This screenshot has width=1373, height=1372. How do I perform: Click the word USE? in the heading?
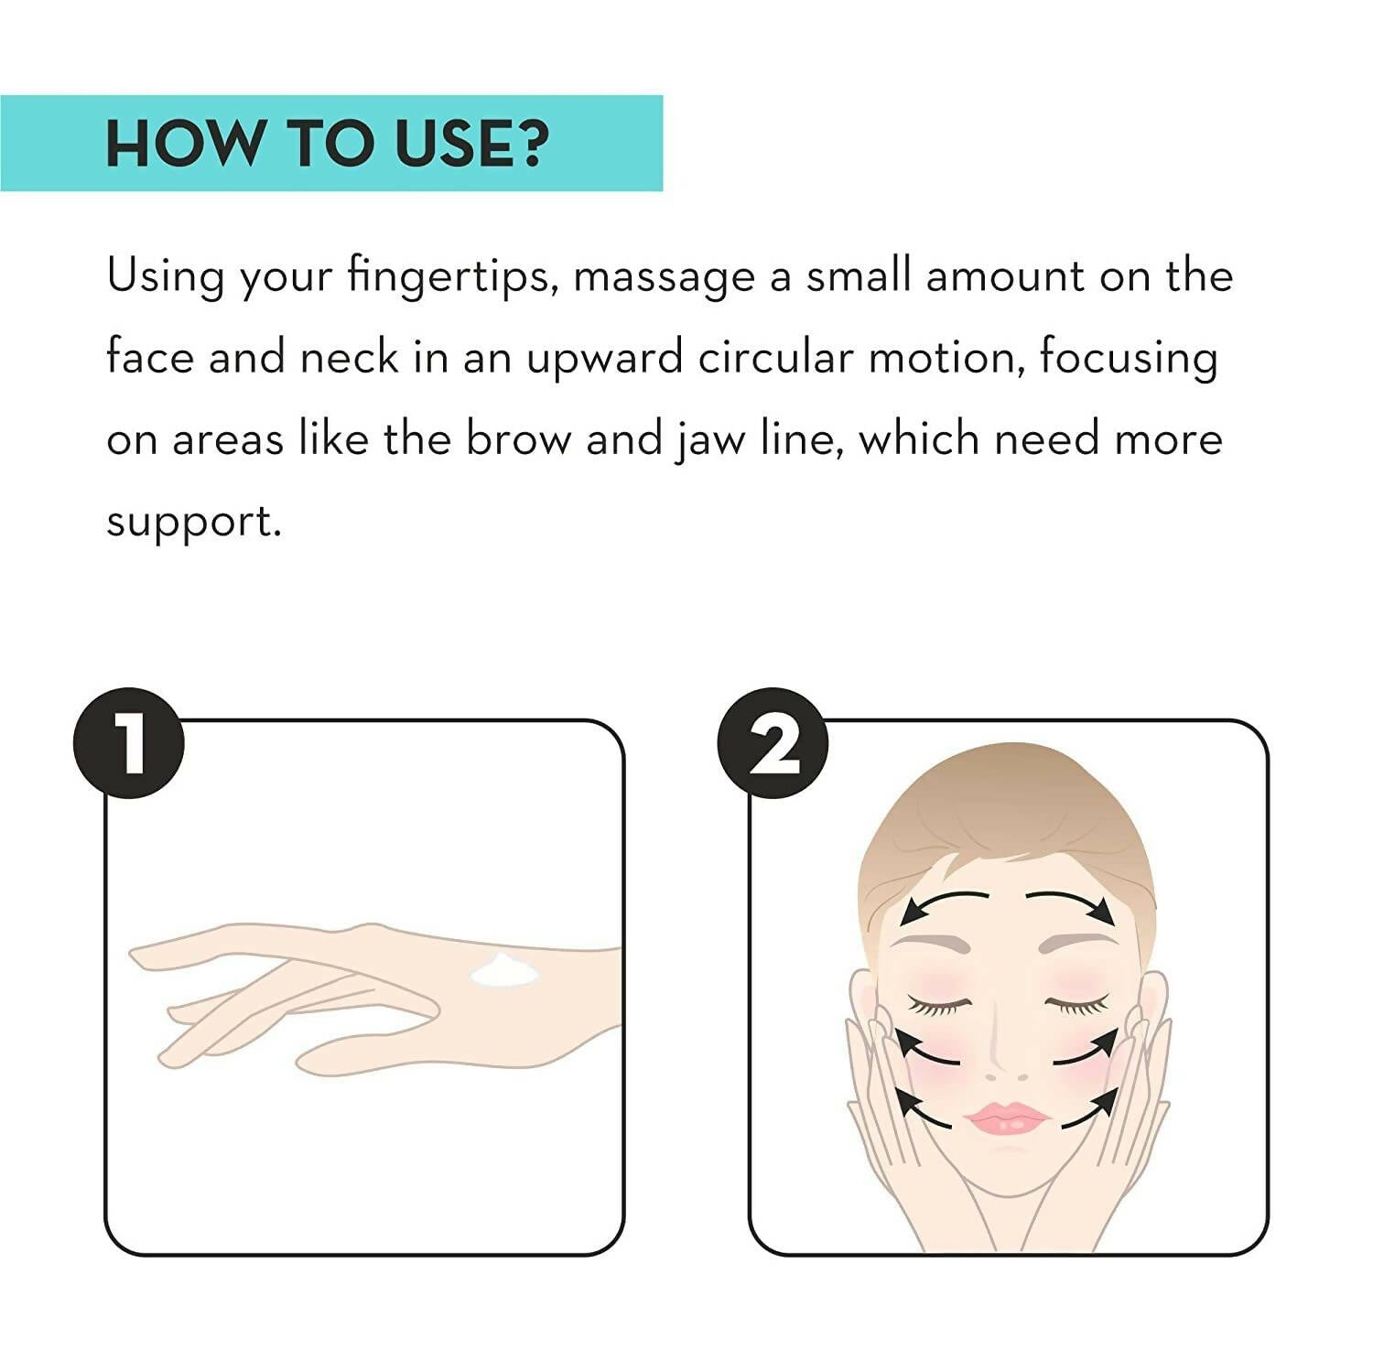tap(471, 144)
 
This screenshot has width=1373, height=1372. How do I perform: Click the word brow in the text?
tap(518, 438)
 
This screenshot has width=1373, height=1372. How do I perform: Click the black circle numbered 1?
tap(129, 743)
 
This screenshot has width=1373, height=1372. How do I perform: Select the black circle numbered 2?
tap(773, 743)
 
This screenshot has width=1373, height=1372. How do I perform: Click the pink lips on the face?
tap(1008, 1118)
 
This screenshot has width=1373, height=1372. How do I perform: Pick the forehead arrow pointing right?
tap(1069, 901)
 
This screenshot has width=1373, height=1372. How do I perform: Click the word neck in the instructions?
tap(350, 357)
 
